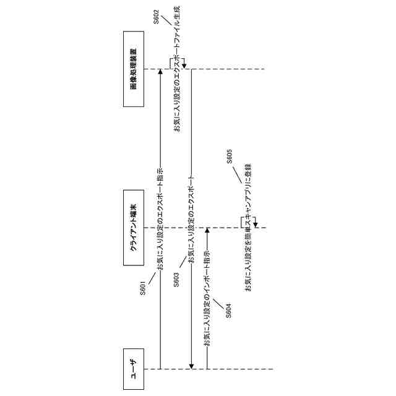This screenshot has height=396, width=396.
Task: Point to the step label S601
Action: [x=142, y=289]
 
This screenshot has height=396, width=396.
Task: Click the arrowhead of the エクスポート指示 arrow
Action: [x=160, y=72]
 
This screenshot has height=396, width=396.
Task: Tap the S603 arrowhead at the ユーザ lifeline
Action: [x=192, y=366]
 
